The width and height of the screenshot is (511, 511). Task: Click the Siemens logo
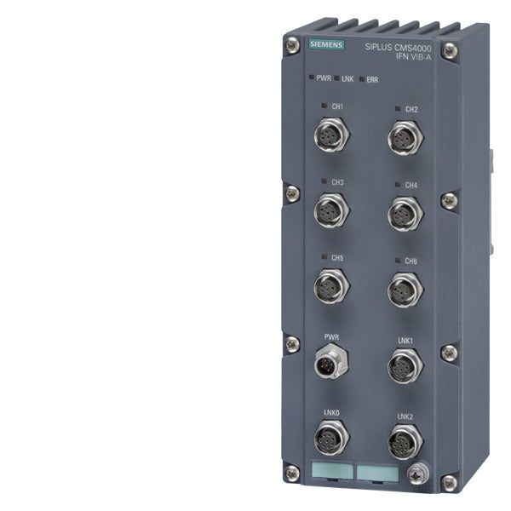[326, 44]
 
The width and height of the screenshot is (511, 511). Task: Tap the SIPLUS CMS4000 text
[398, 48]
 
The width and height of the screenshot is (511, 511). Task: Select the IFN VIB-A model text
[413, 56]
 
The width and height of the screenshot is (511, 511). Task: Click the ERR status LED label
[372, 79]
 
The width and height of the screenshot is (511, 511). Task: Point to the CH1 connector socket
[331, 135]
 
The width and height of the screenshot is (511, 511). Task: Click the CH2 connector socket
[405, 137]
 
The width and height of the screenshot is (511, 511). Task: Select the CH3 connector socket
[331, 210]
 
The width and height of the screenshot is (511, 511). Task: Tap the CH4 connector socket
[405, 214]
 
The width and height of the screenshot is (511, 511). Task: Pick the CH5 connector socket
[331, 286]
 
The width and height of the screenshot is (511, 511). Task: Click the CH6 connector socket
[405, 290]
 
